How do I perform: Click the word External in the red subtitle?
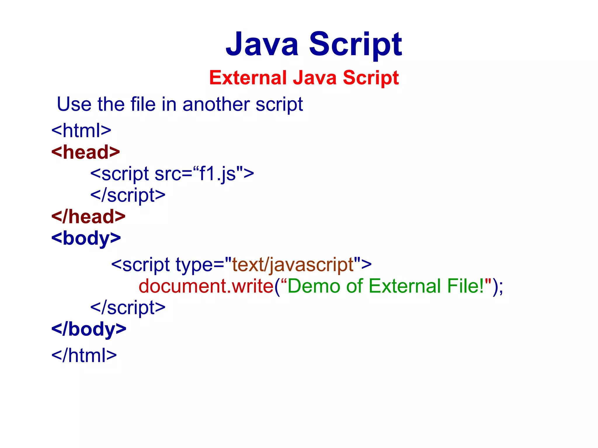tap(248, 78)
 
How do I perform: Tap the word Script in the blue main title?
tap(355, 44)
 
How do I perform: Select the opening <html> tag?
tap(81, 130)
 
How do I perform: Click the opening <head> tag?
tap(86, 152)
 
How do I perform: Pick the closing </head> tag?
tap(88, 217)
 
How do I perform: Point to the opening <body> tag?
tap(86, 238)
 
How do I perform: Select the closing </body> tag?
tap(89, 329)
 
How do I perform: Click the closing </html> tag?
tap(84, 355)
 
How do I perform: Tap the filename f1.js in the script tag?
tap(217, 174)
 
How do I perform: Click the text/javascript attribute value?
tap(293, 265)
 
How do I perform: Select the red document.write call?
tap(206, 286)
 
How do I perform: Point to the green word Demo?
tap(314, 286)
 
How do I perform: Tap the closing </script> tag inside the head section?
tap(128, 195)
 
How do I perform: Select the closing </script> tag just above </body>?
tap(128, 307)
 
